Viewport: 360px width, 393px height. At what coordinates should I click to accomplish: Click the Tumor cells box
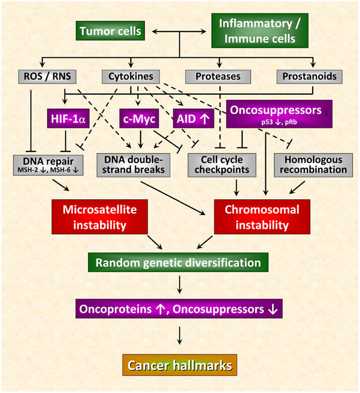[x=110, y=31]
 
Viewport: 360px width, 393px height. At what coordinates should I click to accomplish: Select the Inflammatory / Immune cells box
[x=260, y=31]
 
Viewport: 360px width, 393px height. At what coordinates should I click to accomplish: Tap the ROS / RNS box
[x=47, y=76]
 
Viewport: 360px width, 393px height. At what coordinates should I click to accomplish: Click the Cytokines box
[x=131, y=76]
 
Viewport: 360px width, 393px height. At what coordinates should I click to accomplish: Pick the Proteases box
[x=218, y=76]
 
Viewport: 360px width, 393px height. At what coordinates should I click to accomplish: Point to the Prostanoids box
[x=309, y=76]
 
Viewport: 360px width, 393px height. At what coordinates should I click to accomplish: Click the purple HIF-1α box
[x=68, y=119]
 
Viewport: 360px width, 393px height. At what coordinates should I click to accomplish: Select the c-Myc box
[x=139, y=119]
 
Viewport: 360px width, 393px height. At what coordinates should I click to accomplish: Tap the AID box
[x=193, y=119]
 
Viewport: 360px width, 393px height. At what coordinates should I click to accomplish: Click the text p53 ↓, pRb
[x=279, y=122]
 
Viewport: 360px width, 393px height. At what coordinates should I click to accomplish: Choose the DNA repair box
[x=48, y=165]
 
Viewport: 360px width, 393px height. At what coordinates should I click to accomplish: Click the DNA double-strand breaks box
[x=133, y=165]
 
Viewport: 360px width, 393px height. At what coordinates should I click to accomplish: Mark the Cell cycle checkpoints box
[x=222, y=165]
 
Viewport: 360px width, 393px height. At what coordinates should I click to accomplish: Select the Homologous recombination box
[x=313, y=165]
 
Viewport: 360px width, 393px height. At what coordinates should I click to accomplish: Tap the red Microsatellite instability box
[x=100, y=217]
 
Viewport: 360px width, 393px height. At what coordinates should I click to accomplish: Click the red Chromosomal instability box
[x=262, y=217]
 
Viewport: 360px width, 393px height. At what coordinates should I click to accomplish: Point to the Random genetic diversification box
[x=178, y=262]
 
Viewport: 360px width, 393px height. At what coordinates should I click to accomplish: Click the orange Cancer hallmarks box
[x=180, y=365]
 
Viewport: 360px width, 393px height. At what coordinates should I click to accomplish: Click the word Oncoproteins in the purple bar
[x=115, y=309]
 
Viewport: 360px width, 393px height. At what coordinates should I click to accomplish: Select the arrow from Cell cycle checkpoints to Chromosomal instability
[x=236, y=188]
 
